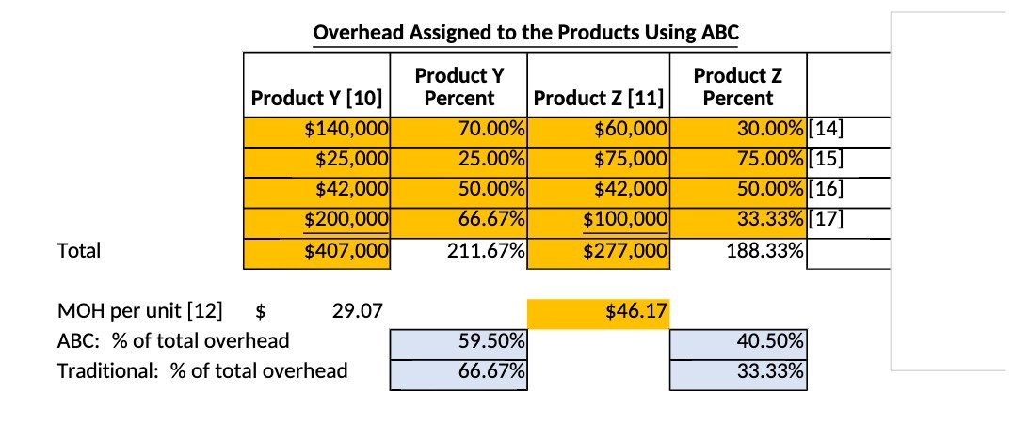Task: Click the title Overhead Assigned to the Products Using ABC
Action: click(x=525, y=32)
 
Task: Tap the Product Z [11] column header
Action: click(x=599, y=98)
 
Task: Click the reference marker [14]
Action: click(x=825, y=129)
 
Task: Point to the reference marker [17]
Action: click(x=825, y=221)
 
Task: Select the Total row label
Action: click(x=79, y=251)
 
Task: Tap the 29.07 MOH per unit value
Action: click(x=358, y=309)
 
